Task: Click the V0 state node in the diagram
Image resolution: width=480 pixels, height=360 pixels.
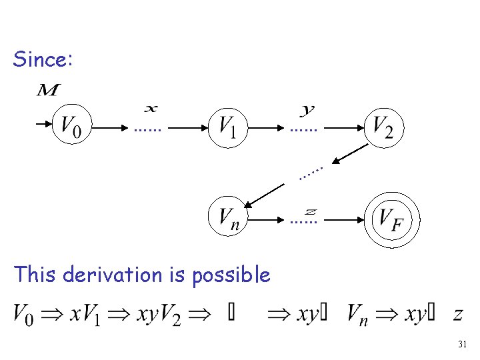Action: tap(72, 125)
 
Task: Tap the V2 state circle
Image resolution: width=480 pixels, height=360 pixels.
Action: tap(383, 125)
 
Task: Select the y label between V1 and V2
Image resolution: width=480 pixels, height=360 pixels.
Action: tap(308, 108)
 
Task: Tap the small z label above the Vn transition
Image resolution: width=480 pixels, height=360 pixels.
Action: tap(310, 211)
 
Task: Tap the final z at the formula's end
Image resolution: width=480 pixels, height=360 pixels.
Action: tap(457, 314)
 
